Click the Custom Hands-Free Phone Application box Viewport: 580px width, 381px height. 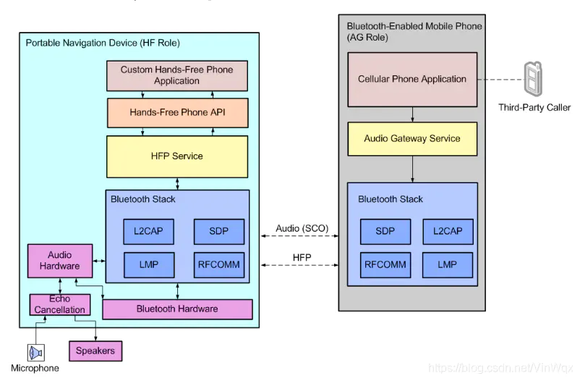176,75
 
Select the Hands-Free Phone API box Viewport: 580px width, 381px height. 177,113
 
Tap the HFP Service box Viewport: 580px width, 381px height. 177,156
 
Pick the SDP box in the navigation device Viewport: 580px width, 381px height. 218,231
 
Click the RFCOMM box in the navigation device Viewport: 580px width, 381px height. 218,264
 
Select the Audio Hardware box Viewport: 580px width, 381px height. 60,261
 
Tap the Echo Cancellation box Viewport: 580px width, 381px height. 59,305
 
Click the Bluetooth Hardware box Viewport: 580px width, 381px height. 177,309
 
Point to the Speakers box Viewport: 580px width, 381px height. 95,351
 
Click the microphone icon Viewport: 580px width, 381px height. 35,353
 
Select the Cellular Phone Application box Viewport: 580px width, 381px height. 412,79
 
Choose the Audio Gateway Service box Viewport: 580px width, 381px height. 412,138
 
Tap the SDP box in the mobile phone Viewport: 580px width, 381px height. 385,231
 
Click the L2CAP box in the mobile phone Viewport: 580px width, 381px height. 448,231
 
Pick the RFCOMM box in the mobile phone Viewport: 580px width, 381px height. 385,264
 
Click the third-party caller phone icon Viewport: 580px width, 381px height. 534,79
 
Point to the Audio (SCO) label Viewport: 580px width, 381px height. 302,228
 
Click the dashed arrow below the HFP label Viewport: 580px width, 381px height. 302,267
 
